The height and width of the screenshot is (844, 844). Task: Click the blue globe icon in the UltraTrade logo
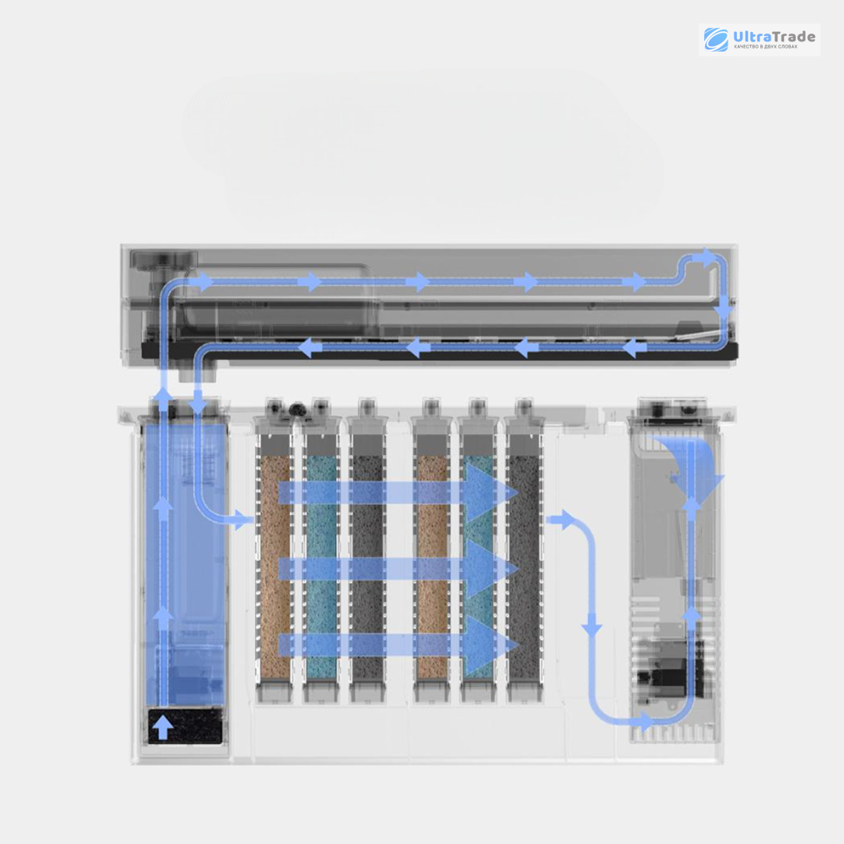coord(717,39)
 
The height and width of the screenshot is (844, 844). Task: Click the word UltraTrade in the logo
coord(774,37)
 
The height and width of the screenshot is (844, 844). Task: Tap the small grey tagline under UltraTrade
coord(765,47)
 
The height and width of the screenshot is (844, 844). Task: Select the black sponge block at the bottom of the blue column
coord(185,726)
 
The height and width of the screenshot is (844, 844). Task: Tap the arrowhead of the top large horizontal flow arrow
coord(491,492)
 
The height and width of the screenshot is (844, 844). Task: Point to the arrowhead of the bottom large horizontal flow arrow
coord(491,645)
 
